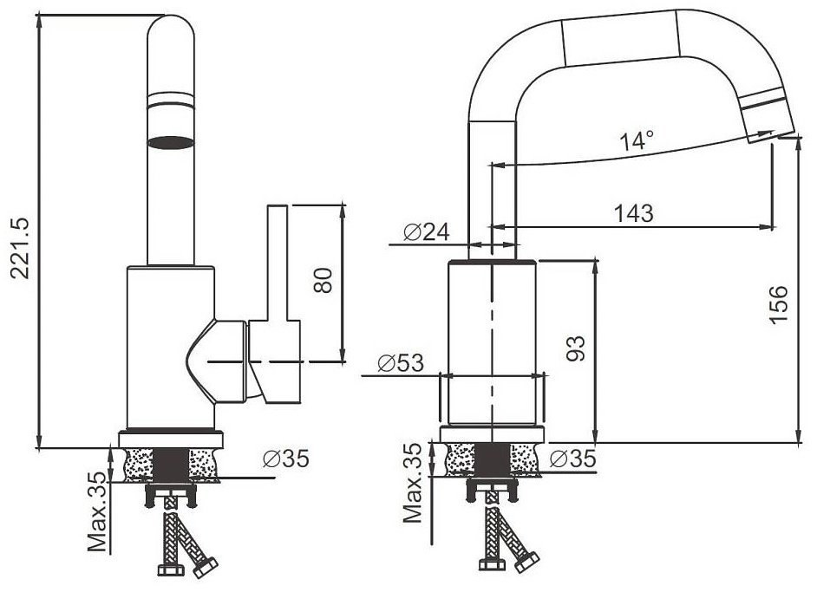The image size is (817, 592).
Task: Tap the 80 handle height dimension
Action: coord(323,280)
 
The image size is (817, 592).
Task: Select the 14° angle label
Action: coord(637,140)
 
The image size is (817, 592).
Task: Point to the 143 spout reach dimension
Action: coord(633,213)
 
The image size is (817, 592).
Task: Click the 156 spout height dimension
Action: coord(779,304)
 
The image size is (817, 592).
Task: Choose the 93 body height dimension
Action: coord(576,348)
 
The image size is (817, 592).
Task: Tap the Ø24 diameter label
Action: coord(426,232)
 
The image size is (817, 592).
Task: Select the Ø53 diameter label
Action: coord(401,363)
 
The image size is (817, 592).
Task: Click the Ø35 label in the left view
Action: coord(286,459)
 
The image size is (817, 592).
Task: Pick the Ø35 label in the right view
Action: coord(572,459)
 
